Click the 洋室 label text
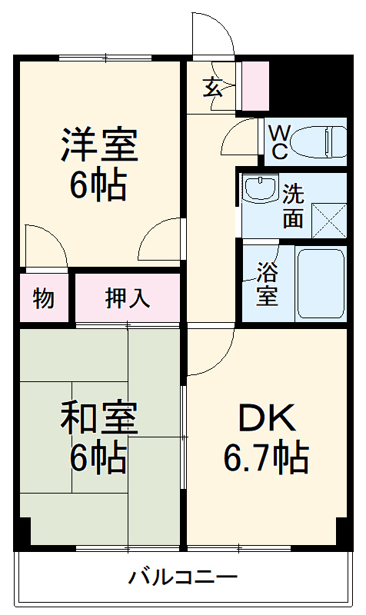[99, 145]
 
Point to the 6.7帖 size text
[265, 458]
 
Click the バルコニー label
[183, 577]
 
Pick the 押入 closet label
[128, 298]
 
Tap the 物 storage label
[44, 298]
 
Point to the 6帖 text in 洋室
[99, 184]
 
